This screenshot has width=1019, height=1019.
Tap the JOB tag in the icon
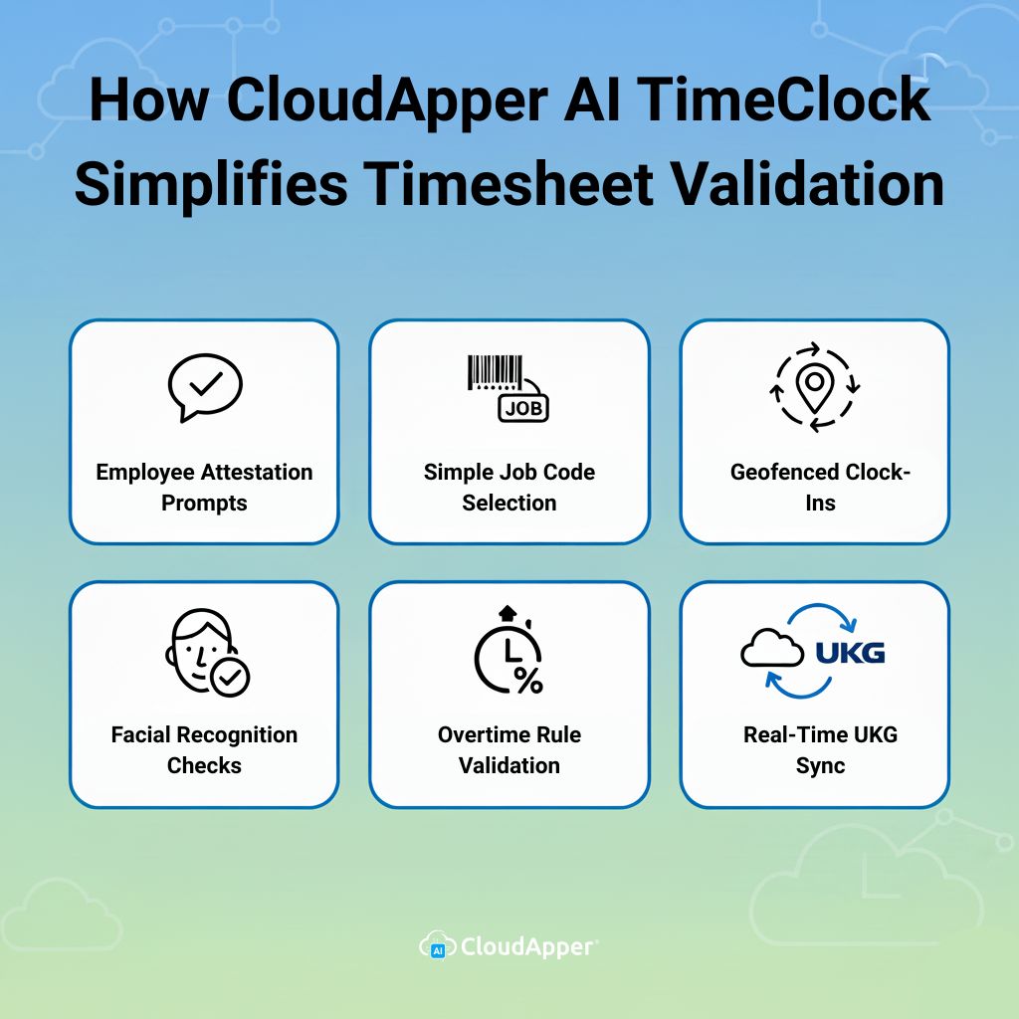[523, 407]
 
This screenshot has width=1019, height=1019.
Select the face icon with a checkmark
[205, 652]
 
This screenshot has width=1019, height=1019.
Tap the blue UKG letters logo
[849, 652]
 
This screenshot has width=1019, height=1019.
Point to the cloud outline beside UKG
[771, 652]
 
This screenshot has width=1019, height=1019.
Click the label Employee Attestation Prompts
[204, 487]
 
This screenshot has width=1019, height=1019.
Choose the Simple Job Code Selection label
[509, 487]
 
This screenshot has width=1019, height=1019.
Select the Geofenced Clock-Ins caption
[820, 487]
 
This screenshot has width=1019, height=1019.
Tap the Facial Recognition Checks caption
[204, 749]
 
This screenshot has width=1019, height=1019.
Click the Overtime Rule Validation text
[509, 749]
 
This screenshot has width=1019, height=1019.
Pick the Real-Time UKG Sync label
[820, 749]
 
